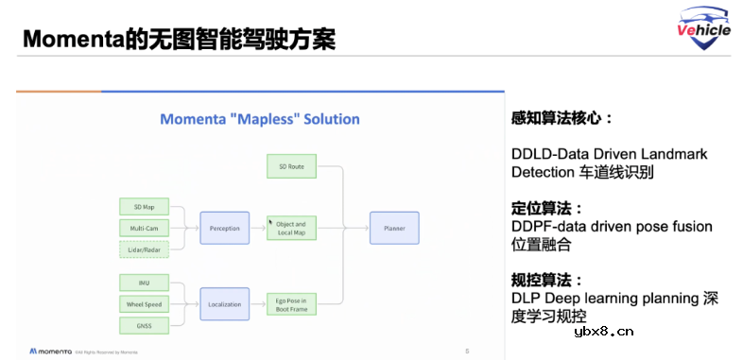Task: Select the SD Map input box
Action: click(144, 206)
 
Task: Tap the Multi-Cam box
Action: click(144, 228)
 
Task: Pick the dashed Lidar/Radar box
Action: click(144, 249)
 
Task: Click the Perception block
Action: click(224, 228)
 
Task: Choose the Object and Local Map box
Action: click(290, 228)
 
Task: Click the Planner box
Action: click(393, 228)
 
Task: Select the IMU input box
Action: click(144, 282)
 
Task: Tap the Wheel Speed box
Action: click(144, 303)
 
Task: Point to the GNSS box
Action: click(144, 325)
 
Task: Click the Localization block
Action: click(224, 303)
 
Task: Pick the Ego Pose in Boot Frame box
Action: click(290, 303)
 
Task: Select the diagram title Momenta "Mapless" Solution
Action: click(259, 119)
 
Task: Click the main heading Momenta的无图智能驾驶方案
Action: click(179, 41)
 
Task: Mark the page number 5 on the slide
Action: click(466, 351)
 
